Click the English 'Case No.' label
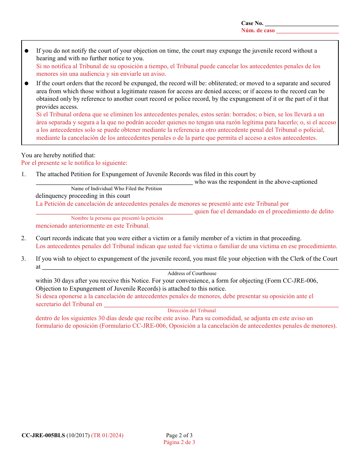[252, 23]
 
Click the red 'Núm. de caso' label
[258, 31]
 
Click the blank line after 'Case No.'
[302, 24]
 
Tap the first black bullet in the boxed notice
[27, 51]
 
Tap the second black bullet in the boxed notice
[27, 83]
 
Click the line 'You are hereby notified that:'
[58, 155]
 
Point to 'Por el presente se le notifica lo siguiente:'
[74, 163]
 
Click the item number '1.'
[23, 174]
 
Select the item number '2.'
[23, 238]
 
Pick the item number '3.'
[23, 259]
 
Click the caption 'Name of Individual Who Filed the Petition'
[116, 189]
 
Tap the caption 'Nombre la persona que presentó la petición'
[117, 218]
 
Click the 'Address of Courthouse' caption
[192, 273]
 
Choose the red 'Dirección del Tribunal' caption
[192, 311]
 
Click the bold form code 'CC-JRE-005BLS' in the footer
[43, 435]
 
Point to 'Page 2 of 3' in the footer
[179, 435]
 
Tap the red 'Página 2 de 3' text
[179, 442]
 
